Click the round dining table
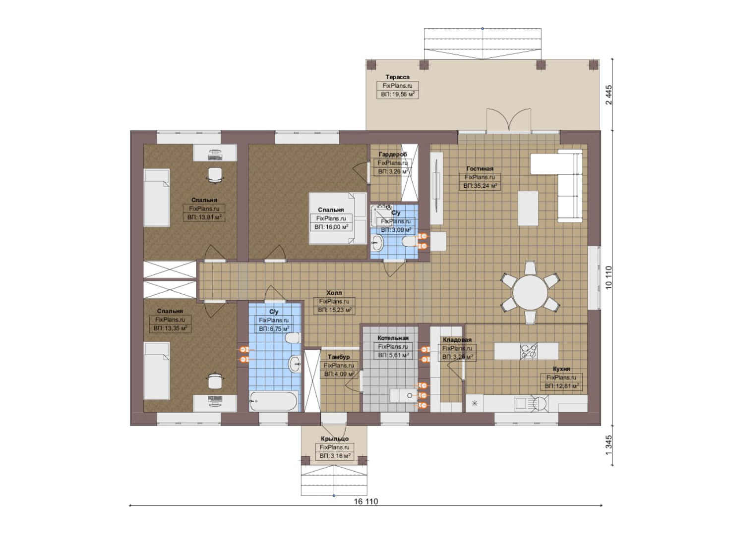tap(530, 292)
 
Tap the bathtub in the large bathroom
tap(273, 401)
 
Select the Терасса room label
tap(397, 77)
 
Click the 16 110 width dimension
tap(366, 501)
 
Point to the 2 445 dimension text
tap(609, 95)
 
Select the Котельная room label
tap(393, 338)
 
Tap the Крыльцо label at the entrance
tap(334, 439)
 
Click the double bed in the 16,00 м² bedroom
tap(338, 218)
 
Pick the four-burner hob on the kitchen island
tap(528, 351)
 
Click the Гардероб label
tap(393, 154)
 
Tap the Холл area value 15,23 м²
tap(334, 310)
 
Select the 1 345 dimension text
tap(609, 446)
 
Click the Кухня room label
tap(561, 369)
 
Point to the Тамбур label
tap(339, 357)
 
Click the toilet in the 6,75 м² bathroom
tap(293, 338)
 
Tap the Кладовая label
tap(457, 340)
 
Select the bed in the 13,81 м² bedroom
tap(157, 198)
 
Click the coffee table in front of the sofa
tap(528, 209)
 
